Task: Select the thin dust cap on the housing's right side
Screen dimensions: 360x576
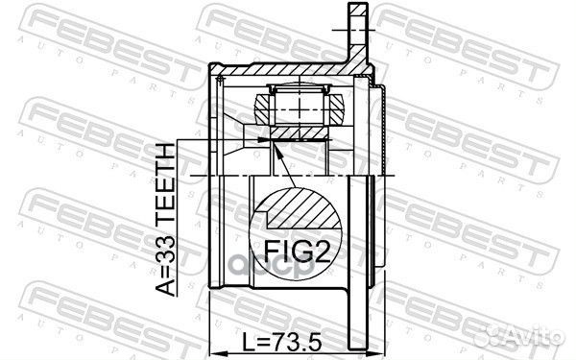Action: tap(383, 125)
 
